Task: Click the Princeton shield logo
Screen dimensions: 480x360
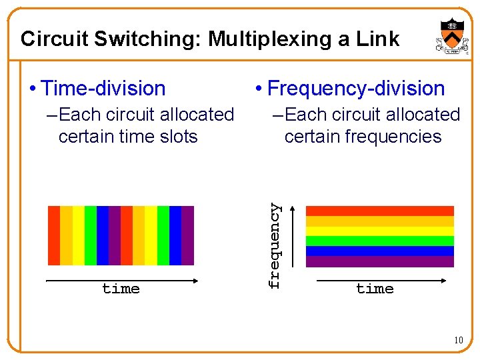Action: [x=453, y=37]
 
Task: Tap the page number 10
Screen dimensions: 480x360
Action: [x=458, y=341]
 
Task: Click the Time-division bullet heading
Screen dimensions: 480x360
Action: [x=102, y=88]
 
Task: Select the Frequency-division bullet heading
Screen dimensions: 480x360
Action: [x=355, y=88]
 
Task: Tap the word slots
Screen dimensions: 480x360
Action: [x=175, y=137]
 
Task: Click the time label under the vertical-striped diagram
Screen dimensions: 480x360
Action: [x=121, y=289]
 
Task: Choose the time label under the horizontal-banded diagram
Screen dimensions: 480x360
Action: [x=375, y=289]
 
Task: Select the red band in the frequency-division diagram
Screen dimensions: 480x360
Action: [x=379, y=211]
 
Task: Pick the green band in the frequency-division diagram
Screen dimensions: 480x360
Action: [x=379, y=241]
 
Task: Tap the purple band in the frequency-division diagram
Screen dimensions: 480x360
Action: [x=379, y=261]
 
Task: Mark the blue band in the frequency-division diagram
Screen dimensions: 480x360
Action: [x=379, y=251]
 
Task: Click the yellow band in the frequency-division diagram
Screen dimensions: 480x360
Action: [x=379, y=231]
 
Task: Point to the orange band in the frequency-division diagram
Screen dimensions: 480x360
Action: [x=379, y=221]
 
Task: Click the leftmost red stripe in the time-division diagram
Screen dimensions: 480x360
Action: [x=54, y=235]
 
